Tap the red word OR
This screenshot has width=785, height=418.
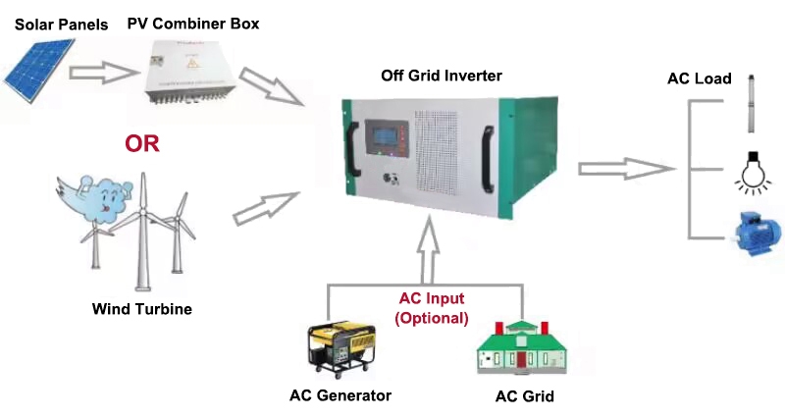tap(141, 144)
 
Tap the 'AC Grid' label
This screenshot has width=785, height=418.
tap(525, 396)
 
